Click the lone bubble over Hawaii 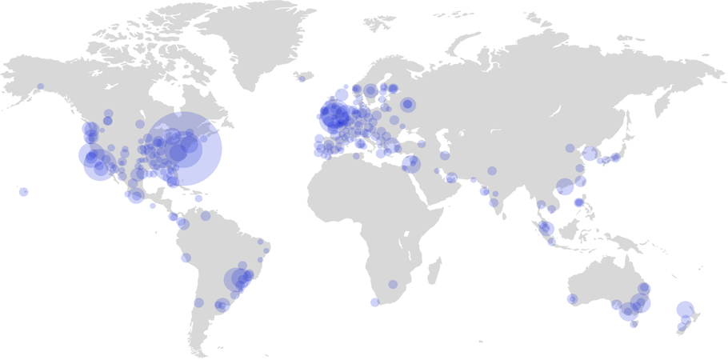[23, 192]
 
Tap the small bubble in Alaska [41, 86]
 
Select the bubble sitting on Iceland [302, 78]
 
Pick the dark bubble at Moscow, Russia [408, 104]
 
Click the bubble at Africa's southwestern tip [375, 302]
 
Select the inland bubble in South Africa [392, 284]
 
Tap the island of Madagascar [434, 270]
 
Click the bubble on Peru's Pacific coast [186, 258]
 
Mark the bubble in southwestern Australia [572, 299]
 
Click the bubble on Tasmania [634, 324]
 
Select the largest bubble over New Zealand [686, 310]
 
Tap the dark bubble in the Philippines [579, 202]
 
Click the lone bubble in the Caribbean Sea [206, 216]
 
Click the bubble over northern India [492, 170]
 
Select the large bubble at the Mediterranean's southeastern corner [411, 164]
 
